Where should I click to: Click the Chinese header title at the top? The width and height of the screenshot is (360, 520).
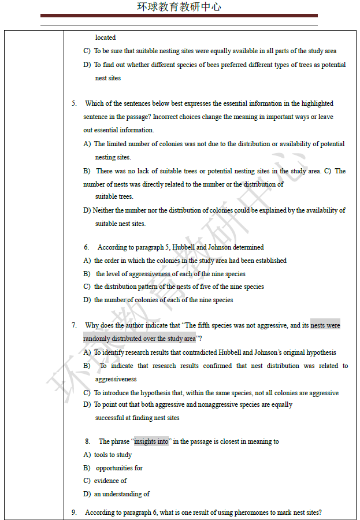(179, 7)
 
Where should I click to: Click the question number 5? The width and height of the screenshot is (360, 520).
(74, 103)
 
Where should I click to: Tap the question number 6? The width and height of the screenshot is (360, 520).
(86, 247)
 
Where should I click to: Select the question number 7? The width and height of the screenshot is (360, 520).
(74, 325)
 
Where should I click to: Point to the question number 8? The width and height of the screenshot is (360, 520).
(87, 441)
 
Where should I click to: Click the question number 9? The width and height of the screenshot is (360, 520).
(74, 512)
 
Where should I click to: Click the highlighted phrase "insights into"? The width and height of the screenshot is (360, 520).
(151, 441)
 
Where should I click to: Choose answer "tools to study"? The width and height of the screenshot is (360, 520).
(113, 455)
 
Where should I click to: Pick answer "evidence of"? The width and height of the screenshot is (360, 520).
(110, 481)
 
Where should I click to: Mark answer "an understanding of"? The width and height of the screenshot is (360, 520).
(122, 494)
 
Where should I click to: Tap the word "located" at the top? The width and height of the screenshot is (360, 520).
(105, 38)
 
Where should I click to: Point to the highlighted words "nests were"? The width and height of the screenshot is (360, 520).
(325, 325)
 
